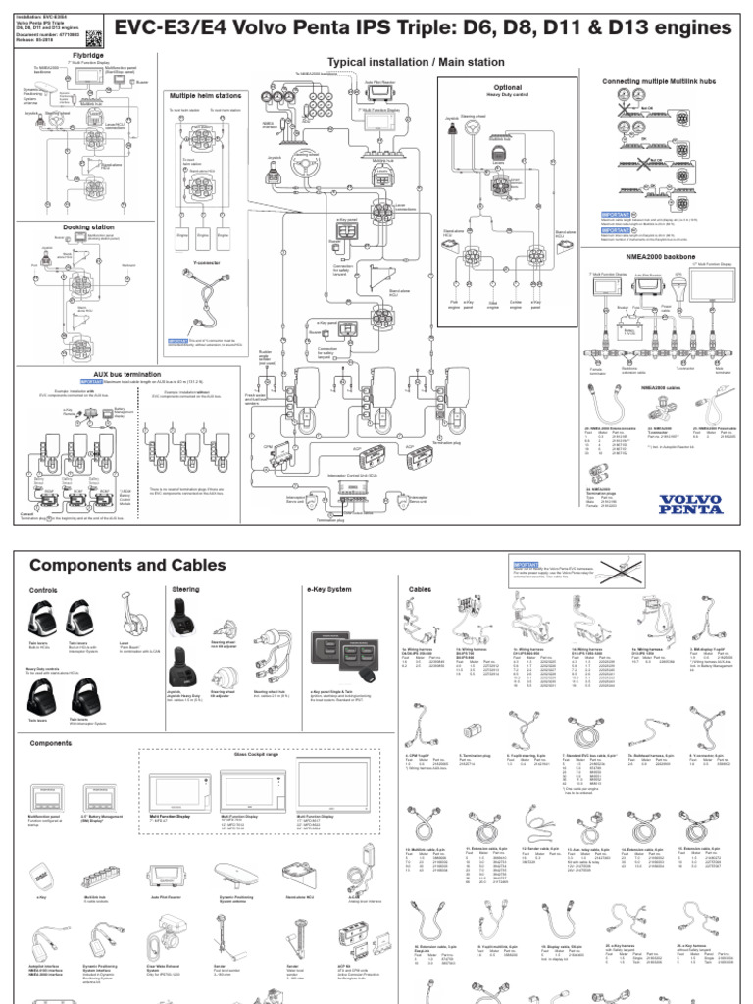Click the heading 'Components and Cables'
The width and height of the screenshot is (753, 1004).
[x=127, y=566]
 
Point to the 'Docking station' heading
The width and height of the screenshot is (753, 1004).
[x=89, y=226]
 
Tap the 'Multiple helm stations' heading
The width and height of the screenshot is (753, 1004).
[x=208, y=96]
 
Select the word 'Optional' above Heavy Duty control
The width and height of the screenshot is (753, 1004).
[x=507, y=87]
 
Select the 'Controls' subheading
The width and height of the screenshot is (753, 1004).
[x=44, y=591]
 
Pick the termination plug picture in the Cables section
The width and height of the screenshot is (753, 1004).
[x=471, y=731]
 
